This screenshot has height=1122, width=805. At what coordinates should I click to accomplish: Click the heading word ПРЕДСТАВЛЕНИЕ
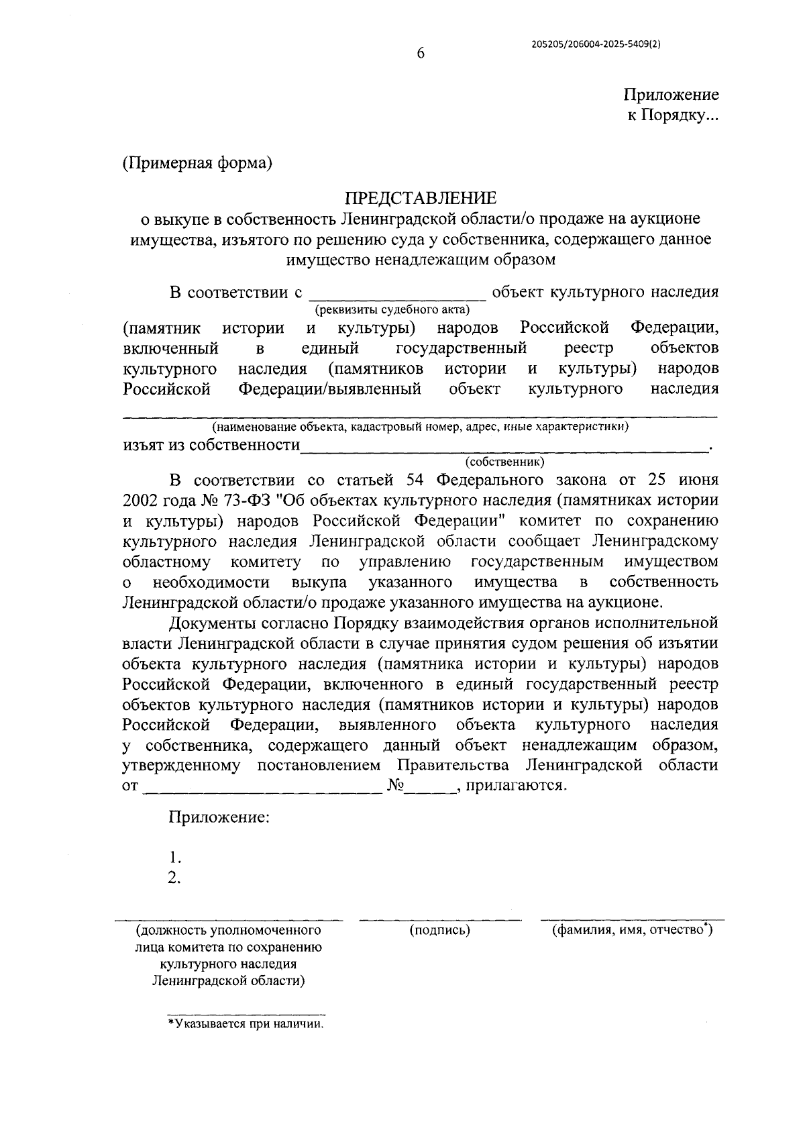coord(421,198)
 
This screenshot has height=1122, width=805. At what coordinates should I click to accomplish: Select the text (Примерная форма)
coord(197,163)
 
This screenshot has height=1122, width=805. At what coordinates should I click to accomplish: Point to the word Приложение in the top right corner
coord(671,95)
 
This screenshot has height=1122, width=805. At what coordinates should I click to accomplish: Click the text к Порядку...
coord(672,115)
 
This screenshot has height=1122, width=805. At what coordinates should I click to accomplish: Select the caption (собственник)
coord(504,462)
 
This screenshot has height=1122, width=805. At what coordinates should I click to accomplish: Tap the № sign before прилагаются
coord(394,785)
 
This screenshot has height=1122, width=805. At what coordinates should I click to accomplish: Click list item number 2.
coord(175,878)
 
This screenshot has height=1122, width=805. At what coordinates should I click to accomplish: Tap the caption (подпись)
coord(439,930)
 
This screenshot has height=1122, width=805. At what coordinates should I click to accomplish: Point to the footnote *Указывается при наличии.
coord(246,1025)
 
